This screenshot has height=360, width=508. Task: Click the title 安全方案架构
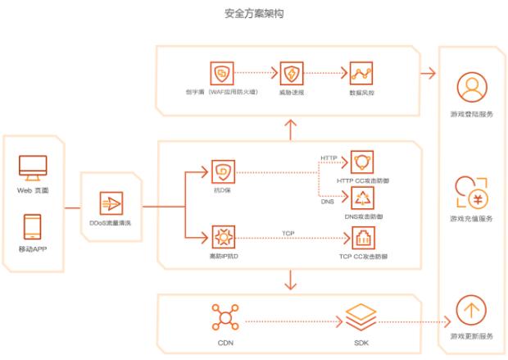tap(253, 14)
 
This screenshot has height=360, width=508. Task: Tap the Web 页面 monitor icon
tap(33, 168)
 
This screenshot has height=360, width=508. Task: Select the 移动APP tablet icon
tap(33, 226)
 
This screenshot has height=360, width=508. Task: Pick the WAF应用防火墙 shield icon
tap(223, 73)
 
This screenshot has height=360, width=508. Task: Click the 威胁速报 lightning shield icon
tap(292, 73)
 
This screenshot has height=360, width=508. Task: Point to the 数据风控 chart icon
tap(361, 73)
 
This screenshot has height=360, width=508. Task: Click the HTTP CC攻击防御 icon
tap(361, 162)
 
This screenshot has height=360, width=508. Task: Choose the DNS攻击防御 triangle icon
tap(361, 198)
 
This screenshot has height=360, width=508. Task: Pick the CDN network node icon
tap(223, 317)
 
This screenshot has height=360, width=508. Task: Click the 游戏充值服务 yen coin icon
tap(471, 194)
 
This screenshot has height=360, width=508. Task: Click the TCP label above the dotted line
tap(288, 233)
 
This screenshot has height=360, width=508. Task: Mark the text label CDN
tap(223, 344)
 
